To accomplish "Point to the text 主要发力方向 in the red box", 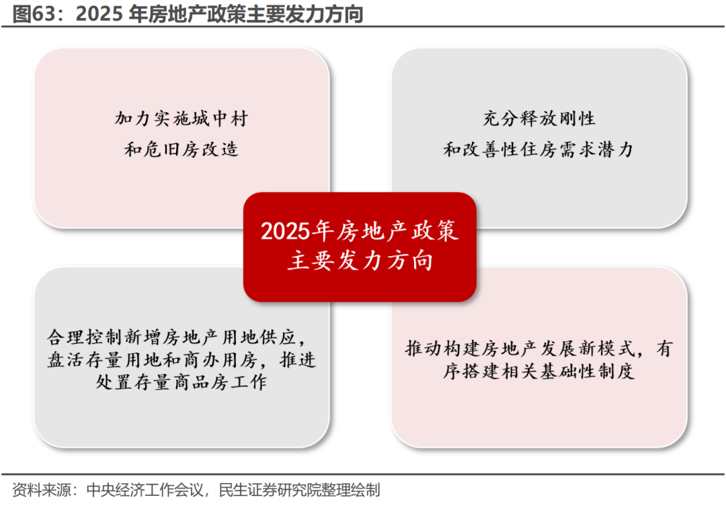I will [x=360, y=261].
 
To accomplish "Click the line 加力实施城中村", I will [x=182, y=120].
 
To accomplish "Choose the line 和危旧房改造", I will [x=182, y=149].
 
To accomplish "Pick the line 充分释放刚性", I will [x=539, y=120].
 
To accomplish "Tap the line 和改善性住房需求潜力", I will [x=539, y=149].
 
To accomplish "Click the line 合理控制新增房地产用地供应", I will [x=182, y=336].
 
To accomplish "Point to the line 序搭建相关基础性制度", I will [x=539, y=372].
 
